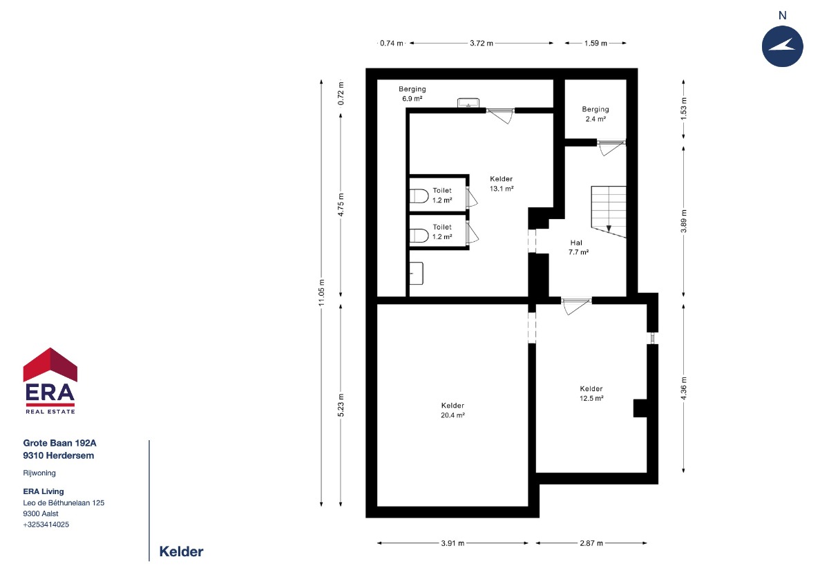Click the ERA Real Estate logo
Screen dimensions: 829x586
click(50, 381)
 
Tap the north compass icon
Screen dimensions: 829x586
click(782, 46)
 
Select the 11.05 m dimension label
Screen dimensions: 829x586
click(321, 292)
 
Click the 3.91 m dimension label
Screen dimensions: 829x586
click(452, 543)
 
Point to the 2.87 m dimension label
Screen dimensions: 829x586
click(591, 543)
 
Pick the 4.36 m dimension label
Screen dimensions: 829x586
click(683, 388)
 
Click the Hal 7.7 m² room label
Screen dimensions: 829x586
click(578, 247)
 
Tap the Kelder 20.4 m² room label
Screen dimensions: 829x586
click(452, 410)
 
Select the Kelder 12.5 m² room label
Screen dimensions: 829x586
click(591, 393)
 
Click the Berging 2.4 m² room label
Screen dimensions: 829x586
click(595, 114)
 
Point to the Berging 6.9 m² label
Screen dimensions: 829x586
click(412, 94)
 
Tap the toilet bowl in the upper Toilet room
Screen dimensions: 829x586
click(419, 196)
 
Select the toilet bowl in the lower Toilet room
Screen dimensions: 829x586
click(419, 236)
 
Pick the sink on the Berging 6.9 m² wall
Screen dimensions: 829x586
click(468, 102)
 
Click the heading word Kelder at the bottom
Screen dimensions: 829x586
click(181, 551)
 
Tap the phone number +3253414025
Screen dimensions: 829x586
click(46, 524)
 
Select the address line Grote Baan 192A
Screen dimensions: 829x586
click(59, 443)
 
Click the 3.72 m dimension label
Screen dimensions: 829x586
click(482, 43)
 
